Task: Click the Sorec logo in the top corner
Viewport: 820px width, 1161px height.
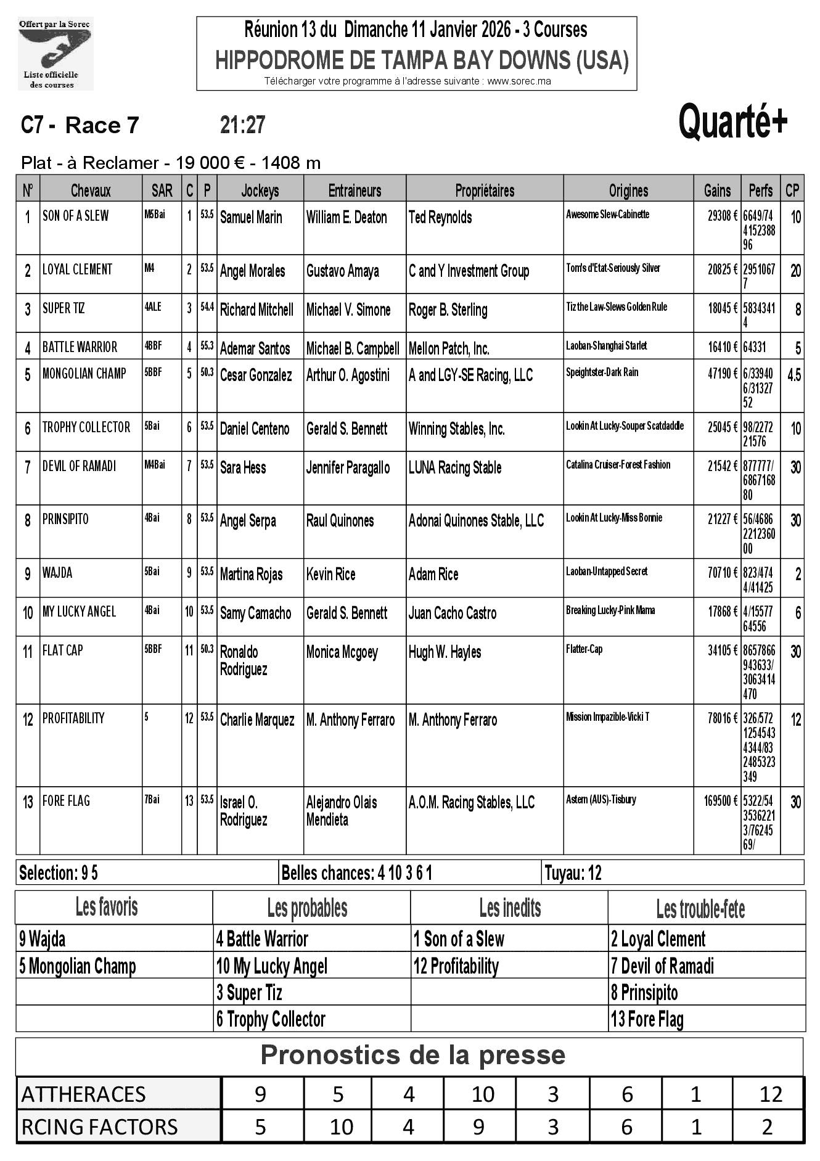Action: pyautogui.click(x=55, y=54)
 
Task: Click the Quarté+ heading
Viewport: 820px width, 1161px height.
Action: pyautogui.click(x=732, y=123)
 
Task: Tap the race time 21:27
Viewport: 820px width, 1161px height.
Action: pyautogui.click(x=242, y=125)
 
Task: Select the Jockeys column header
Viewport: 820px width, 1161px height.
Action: pyautogui.click(x=260, y=191)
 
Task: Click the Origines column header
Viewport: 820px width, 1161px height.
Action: pyautogui.click(x=628, y=191)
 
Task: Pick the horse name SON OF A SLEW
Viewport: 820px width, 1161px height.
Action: pyautogui.click(x=75, y=216)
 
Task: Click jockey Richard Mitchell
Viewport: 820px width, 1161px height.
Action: pyautogui.click(x=256, y=310)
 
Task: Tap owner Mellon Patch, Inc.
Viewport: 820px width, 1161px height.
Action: pyautogui.click(x=449, y=349)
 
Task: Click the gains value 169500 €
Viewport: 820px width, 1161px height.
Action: pyautogui.click(x=720, y=801)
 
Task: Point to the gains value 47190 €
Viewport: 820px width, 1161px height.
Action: pyautogui.click(x=722, y=374)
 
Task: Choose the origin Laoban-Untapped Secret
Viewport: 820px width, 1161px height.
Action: pyautogui.click(x=607, y=572)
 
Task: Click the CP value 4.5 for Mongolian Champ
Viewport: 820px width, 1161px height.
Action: pyautogui.click(x=794, y=375)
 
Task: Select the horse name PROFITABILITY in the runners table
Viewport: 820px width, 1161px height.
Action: pyautogui.click(x=73, y=718)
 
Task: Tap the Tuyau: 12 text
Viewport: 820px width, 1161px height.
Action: pyautogui.click(x=573, y=873)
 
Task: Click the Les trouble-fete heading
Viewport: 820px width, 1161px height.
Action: pyautogui.click(x=700, y=909)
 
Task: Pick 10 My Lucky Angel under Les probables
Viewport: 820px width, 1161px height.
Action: pyautogui.click(x=271, y=966)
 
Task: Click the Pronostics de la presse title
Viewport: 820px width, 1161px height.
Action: pyautogui.click(x=412, y=1055)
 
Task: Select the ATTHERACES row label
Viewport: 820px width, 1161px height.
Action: pyautogui.click(x=83, y=1094)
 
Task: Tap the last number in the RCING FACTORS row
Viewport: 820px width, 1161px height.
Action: pyautogui.click(x=767, y=1127)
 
